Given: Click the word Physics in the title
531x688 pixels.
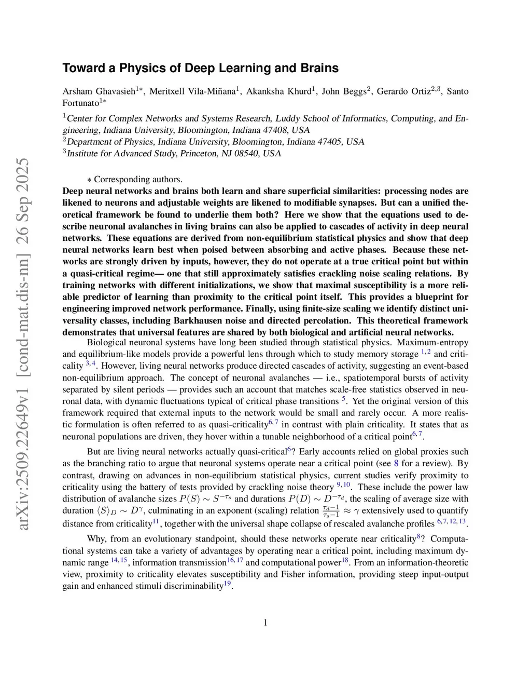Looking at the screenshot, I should tap(139, 68).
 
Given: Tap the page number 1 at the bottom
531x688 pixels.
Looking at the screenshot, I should tap(265, 623).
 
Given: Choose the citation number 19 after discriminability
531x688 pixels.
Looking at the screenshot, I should tap(227, 584).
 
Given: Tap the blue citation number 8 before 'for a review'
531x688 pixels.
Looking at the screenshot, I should tap(396, 463).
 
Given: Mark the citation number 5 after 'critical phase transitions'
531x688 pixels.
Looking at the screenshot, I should tap(343, 400).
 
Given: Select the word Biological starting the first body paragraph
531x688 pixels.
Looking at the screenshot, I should tap(107, 343).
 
